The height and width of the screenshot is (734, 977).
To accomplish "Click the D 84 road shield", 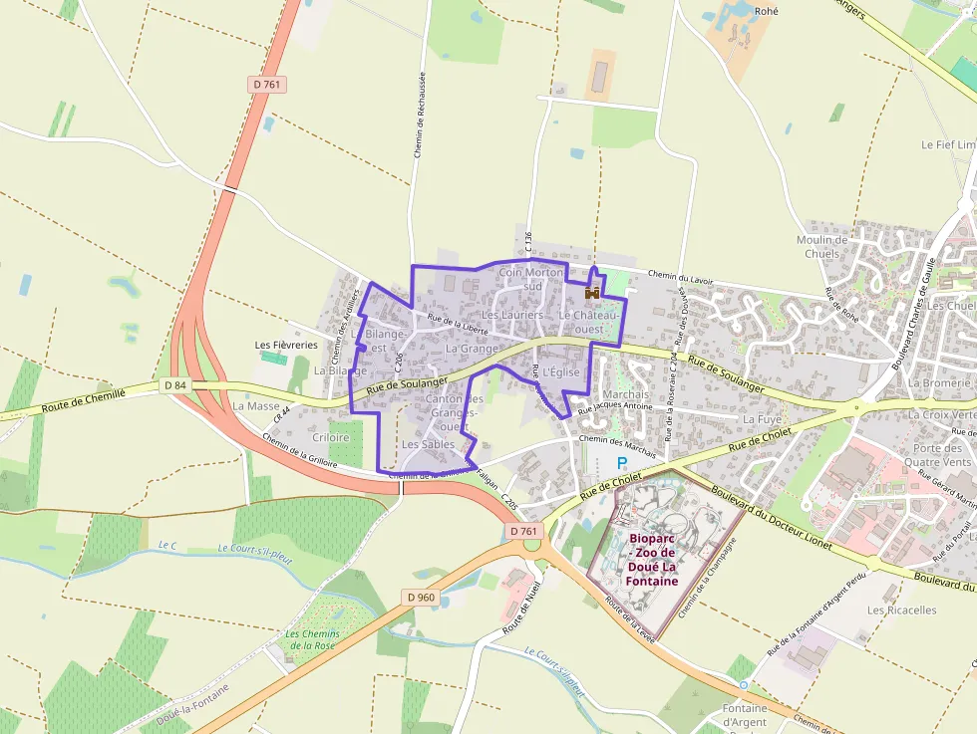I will tap(174, 384).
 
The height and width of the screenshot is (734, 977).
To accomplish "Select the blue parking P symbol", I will tap(622, 462).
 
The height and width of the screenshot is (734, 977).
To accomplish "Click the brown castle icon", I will tap(592, 293).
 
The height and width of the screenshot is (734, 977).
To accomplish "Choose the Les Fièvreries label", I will tap(286, 345).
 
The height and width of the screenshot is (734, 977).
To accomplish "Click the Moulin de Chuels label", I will tap(822, 246).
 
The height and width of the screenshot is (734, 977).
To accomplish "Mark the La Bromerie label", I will tap(938, 382).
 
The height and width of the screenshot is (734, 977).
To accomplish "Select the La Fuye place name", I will tap(763, 419).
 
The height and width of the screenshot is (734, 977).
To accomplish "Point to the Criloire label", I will tap(331, 437).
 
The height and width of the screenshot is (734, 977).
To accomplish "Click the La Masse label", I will tap(256, 406).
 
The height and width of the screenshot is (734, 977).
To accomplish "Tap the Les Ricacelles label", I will tap(902, 610).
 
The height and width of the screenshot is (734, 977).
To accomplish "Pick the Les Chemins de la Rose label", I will tap(313, 640).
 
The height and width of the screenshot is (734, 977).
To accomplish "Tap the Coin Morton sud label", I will tap(531, 278).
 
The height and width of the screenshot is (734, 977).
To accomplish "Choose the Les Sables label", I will tap(429, 443).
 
